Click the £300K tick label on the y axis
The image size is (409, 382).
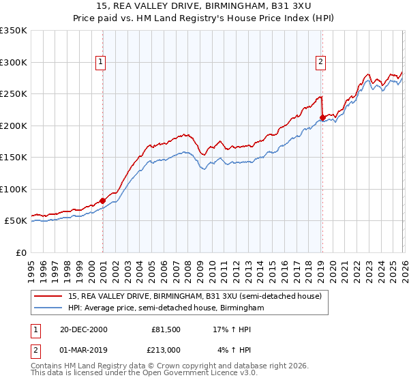[x=14, y=62]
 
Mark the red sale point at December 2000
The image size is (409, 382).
[x=103, y=201]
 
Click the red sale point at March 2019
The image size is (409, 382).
[x=322, y=117]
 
